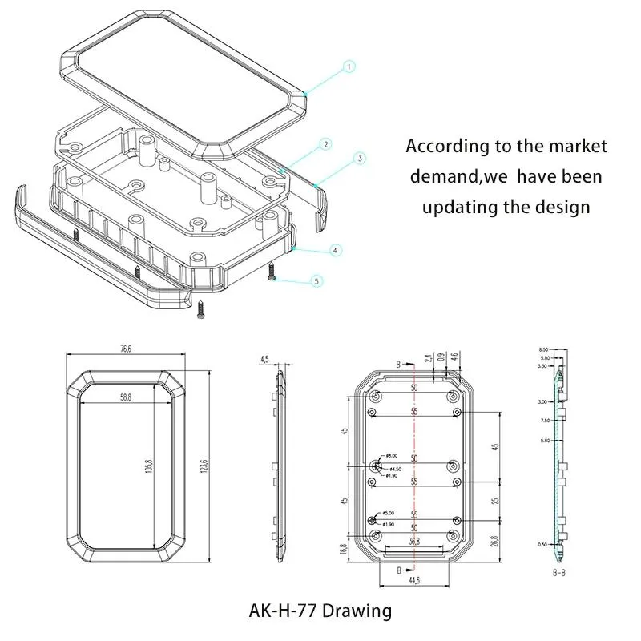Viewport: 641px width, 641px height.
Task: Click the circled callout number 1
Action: pos(349,67)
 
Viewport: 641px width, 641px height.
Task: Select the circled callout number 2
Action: pos(325,144)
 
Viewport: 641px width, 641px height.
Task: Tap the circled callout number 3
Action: pos(360,159)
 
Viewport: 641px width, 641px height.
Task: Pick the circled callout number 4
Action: pos(333,251)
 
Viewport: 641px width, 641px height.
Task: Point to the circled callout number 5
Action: pos(316,281)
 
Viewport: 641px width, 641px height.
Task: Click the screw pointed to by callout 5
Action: pos(272,272)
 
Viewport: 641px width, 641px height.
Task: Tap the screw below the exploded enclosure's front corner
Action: pos(200,310)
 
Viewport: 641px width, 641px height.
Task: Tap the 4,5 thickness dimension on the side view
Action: pos(264,361)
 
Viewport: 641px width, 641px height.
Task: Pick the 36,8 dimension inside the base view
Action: pos(414,542)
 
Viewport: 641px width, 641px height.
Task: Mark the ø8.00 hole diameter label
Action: pos(393,456)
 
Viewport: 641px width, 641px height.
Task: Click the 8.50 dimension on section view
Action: pos(545,350)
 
